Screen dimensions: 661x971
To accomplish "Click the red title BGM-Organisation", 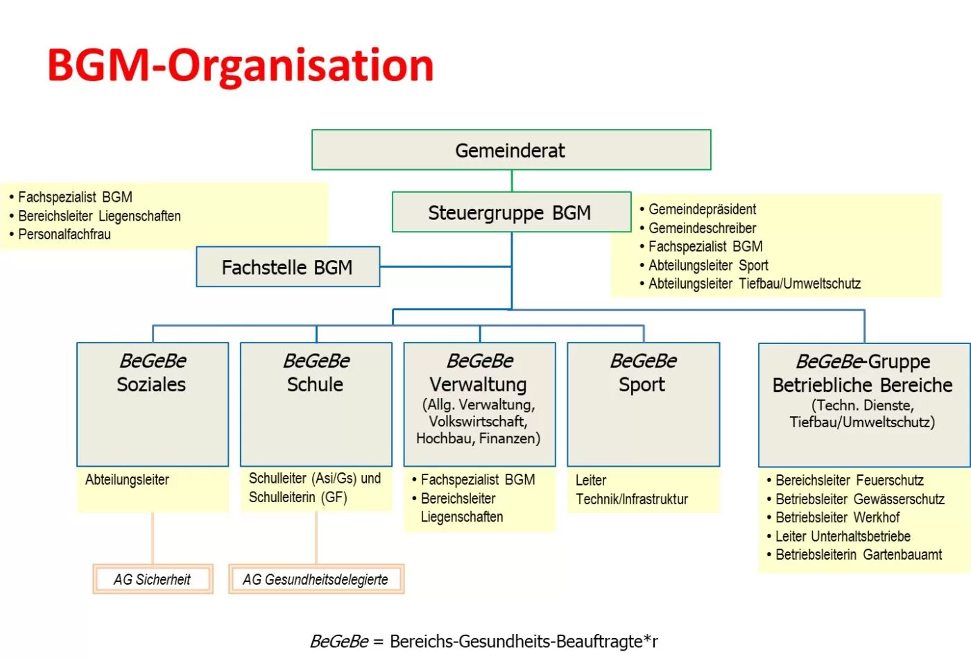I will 240,65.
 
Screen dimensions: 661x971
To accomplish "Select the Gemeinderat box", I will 510,150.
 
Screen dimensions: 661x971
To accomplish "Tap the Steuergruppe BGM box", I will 510,212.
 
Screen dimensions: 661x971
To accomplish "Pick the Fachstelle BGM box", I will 287,267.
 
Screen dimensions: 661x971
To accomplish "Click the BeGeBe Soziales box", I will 152,404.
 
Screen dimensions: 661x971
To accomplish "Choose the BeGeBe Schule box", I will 316,404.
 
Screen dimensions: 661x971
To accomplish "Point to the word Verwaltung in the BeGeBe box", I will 478,384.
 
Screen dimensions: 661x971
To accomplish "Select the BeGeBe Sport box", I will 643,404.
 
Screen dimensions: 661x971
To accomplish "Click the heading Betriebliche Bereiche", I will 862,386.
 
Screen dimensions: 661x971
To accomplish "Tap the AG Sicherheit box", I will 153,579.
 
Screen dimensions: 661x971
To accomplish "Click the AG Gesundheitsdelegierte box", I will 316,579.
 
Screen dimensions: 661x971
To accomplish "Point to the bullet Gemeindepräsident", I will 702,209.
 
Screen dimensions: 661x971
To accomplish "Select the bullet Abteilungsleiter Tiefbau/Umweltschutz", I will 754,284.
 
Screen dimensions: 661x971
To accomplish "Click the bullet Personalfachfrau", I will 64,234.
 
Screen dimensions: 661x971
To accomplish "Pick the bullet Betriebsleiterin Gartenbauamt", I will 858,555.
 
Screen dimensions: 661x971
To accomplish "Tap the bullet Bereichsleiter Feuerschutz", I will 849,480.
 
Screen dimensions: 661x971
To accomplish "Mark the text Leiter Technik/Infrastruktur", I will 631,490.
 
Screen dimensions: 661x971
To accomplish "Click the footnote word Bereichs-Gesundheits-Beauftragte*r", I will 524,642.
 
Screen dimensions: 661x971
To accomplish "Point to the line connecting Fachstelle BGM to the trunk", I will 445,266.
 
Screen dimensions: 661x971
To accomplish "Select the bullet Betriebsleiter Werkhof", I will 837,517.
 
